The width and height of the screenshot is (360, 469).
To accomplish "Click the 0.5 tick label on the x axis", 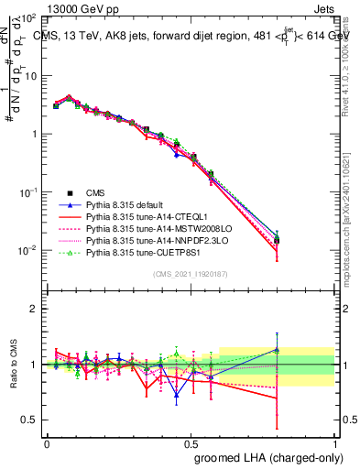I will [191, 442].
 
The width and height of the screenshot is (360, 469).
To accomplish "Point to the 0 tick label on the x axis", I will [47, 442].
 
